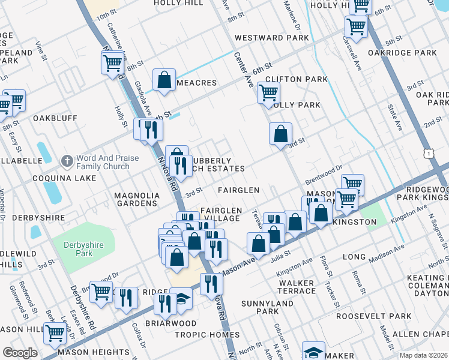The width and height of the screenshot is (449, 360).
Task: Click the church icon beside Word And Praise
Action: tap(67, 162)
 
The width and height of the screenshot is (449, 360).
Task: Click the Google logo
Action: tap(20, 353)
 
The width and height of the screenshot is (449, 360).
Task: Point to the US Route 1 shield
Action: tap(428, 154)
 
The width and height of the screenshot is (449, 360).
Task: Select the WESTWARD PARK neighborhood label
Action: tap(271, 38)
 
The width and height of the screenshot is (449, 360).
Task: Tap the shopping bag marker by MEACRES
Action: tap(163, 81)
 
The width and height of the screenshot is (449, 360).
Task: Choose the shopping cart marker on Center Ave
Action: tap(268, 93)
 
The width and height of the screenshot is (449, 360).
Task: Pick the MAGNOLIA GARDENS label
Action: tap(137, 199)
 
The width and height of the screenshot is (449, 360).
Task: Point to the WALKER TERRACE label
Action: tap(297, 287)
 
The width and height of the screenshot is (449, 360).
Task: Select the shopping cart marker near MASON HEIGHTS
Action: tap(55, 332)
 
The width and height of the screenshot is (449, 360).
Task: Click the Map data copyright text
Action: tap(423, 355)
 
